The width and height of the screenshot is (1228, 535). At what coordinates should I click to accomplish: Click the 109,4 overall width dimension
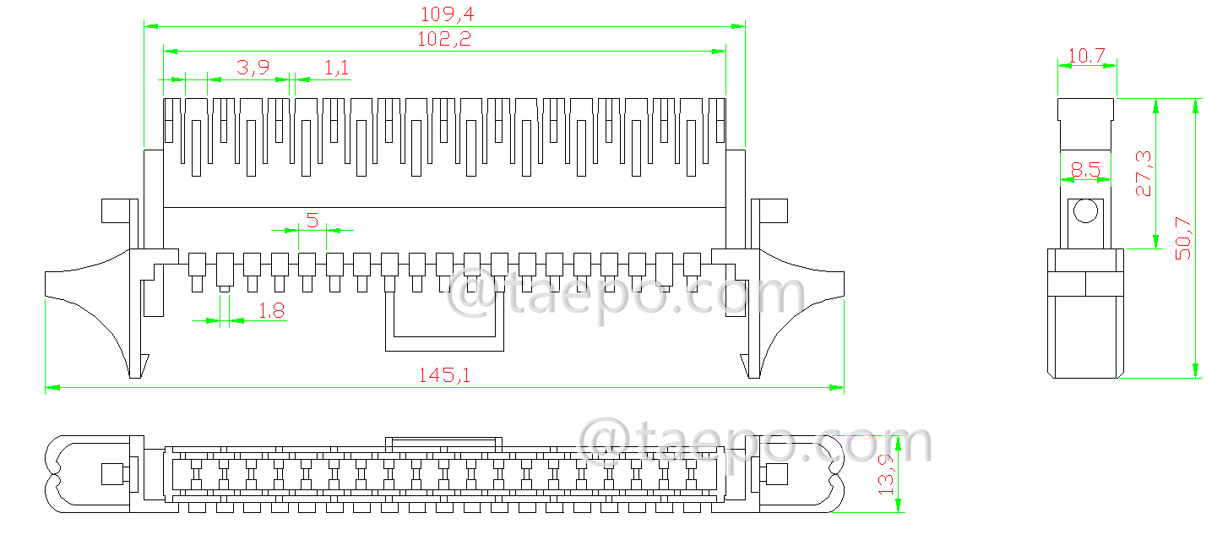(x=444, y=14)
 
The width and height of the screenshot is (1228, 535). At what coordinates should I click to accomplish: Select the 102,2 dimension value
(x=444, y=39)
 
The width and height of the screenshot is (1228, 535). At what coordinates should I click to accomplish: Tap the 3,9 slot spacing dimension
(x=253, y=68)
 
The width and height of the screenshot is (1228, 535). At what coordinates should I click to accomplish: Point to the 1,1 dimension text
(x=337, y=68)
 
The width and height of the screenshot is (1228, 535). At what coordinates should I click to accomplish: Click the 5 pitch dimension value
(x=312, y=221)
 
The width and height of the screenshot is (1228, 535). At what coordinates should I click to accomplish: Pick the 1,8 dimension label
(x=270, y=311)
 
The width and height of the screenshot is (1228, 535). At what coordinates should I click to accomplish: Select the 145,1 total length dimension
(x=444, y=376)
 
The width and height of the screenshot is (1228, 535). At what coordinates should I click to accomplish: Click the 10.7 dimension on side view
(x=1086, y=56)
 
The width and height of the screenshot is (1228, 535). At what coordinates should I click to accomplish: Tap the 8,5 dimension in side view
(x=1085, y=171)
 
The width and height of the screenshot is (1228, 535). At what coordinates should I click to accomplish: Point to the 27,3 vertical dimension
(x=1143, y=174)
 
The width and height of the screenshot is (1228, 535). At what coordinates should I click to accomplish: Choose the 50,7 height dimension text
(x=1183, y=238)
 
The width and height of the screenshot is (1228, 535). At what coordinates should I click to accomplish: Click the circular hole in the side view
(x=1085, y=210)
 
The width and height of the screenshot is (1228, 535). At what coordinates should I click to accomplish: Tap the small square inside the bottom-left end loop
(x=112, y=474)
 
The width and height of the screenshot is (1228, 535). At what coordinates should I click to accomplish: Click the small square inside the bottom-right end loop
(x=775, y=474)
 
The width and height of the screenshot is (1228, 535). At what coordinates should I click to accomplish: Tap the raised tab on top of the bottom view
(x=444, y=443)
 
